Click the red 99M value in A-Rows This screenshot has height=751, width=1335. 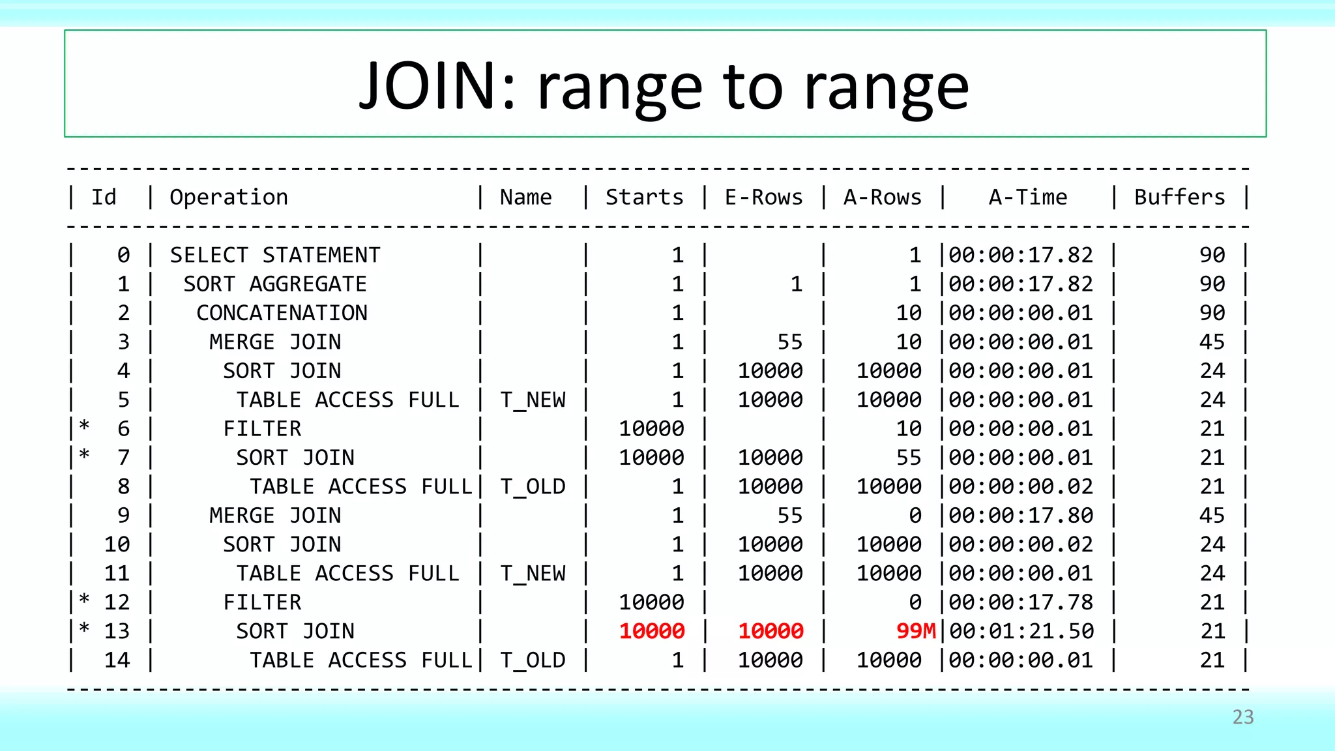pos(915,631)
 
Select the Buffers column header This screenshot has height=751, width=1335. pos(1179,197)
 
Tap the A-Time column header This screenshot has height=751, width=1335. pos(1028,197)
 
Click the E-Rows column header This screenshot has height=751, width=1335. pos(763,197)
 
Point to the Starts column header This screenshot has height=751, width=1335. pos(644,197)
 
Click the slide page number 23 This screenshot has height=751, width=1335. pos(1242,717)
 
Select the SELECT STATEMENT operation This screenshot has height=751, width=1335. pos(275,255)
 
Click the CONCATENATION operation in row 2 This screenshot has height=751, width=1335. pos(282,313)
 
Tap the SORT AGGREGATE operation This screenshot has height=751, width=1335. pos(275,284)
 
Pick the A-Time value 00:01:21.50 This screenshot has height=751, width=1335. pos(1021,631)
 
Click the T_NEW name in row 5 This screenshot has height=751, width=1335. pos(533,400)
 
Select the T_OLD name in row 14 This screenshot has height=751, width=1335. pos(533,660)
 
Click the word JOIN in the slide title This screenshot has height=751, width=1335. pos(437,86)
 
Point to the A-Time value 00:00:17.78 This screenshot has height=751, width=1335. pos(1021,602)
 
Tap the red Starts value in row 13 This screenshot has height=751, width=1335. pos(651,631)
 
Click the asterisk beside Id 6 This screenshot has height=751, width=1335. pos(84,427)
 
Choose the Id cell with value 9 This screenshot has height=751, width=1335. pos(123,516)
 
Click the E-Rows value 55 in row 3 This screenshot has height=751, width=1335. pos(789,342)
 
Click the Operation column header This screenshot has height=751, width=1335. pos(229,197)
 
